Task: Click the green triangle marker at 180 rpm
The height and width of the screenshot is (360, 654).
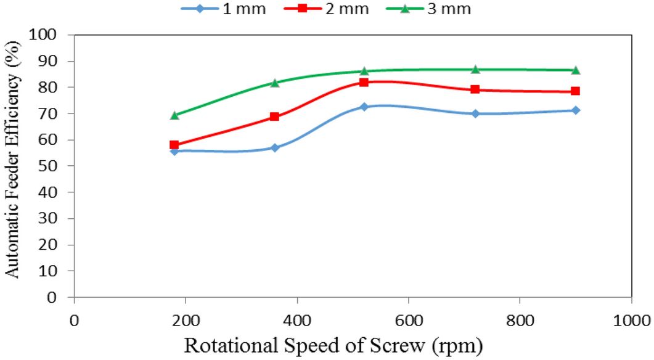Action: click(174, 115)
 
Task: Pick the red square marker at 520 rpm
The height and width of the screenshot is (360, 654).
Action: click(364, 82)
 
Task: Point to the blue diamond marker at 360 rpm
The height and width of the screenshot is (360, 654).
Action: click(275, 148)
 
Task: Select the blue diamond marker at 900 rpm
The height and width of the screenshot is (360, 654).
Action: click(575, 110)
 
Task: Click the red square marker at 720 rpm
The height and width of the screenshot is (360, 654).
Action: click(475, 89)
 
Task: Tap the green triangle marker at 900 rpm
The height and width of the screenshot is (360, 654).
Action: click(575, 70)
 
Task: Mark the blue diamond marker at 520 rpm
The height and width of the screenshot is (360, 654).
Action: click(364, 107)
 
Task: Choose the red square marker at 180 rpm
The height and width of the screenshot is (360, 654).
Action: click(174, 145)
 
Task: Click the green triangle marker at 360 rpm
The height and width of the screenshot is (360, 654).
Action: click(275, 83)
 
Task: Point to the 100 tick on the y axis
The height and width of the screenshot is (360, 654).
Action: click(54, 35)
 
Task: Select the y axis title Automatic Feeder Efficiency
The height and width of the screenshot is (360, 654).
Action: click(13, 166)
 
